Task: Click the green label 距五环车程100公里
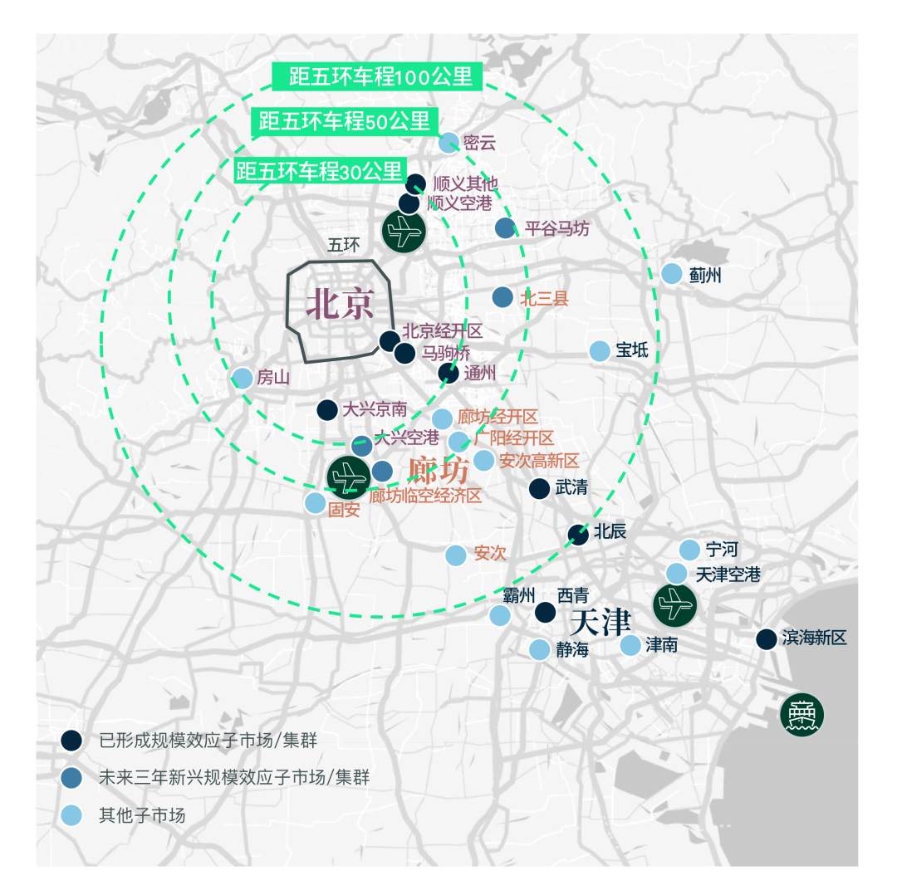pos(377,76)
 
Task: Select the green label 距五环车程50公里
pos(345,121)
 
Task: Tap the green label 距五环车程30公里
pos(321,170)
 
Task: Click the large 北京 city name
pos(341,303)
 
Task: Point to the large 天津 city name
pos(600,622)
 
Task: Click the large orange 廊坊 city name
pos(439,470)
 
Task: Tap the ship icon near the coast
pos(802,714)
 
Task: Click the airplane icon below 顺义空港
pos(404,231)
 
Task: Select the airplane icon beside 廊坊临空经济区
pos(348,477)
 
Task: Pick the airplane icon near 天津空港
pos(675,604)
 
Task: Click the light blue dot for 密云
pos(448,143)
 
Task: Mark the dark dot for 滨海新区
pos(767,639)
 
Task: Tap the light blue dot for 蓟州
pos(672,274)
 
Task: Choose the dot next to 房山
pos(243,378)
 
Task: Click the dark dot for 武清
pos(540,488)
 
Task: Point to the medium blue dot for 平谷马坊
pos(505,228)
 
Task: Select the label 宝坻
pos(632,350)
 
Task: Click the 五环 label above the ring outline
pos(344,246)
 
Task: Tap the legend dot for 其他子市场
pos(71,815)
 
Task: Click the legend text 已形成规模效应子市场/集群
pos(208,741)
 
